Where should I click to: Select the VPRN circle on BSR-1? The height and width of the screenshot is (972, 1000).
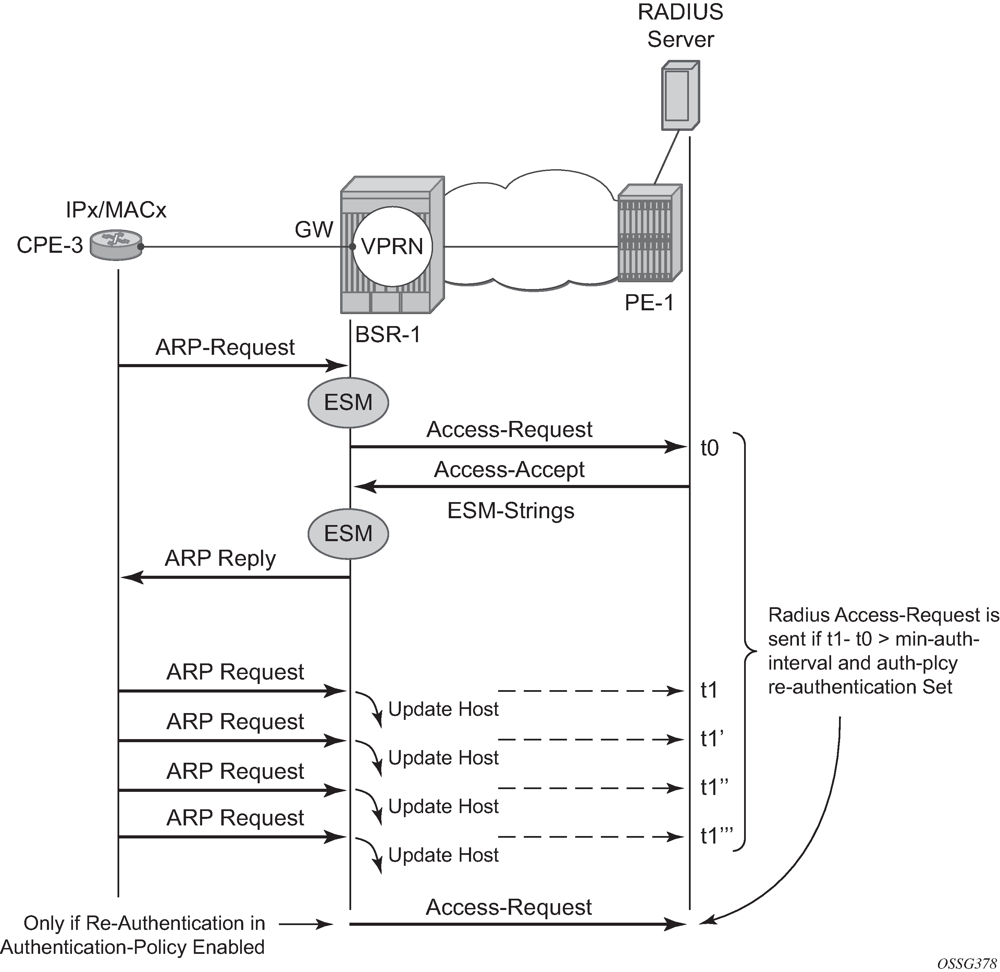(392, 247)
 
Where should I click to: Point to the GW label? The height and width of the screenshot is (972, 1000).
(313, 230)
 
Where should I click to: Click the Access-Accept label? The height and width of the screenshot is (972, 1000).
(509, 469)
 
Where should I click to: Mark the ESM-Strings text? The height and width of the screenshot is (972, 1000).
(511, 511)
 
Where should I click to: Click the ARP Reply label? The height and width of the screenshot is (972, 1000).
(220, 559)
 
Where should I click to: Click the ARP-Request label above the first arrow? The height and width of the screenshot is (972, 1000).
(225, 347)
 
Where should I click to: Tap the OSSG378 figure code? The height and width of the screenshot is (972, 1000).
(967, 963)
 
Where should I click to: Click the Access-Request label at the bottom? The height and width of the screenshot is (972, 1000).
(509, 908)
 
